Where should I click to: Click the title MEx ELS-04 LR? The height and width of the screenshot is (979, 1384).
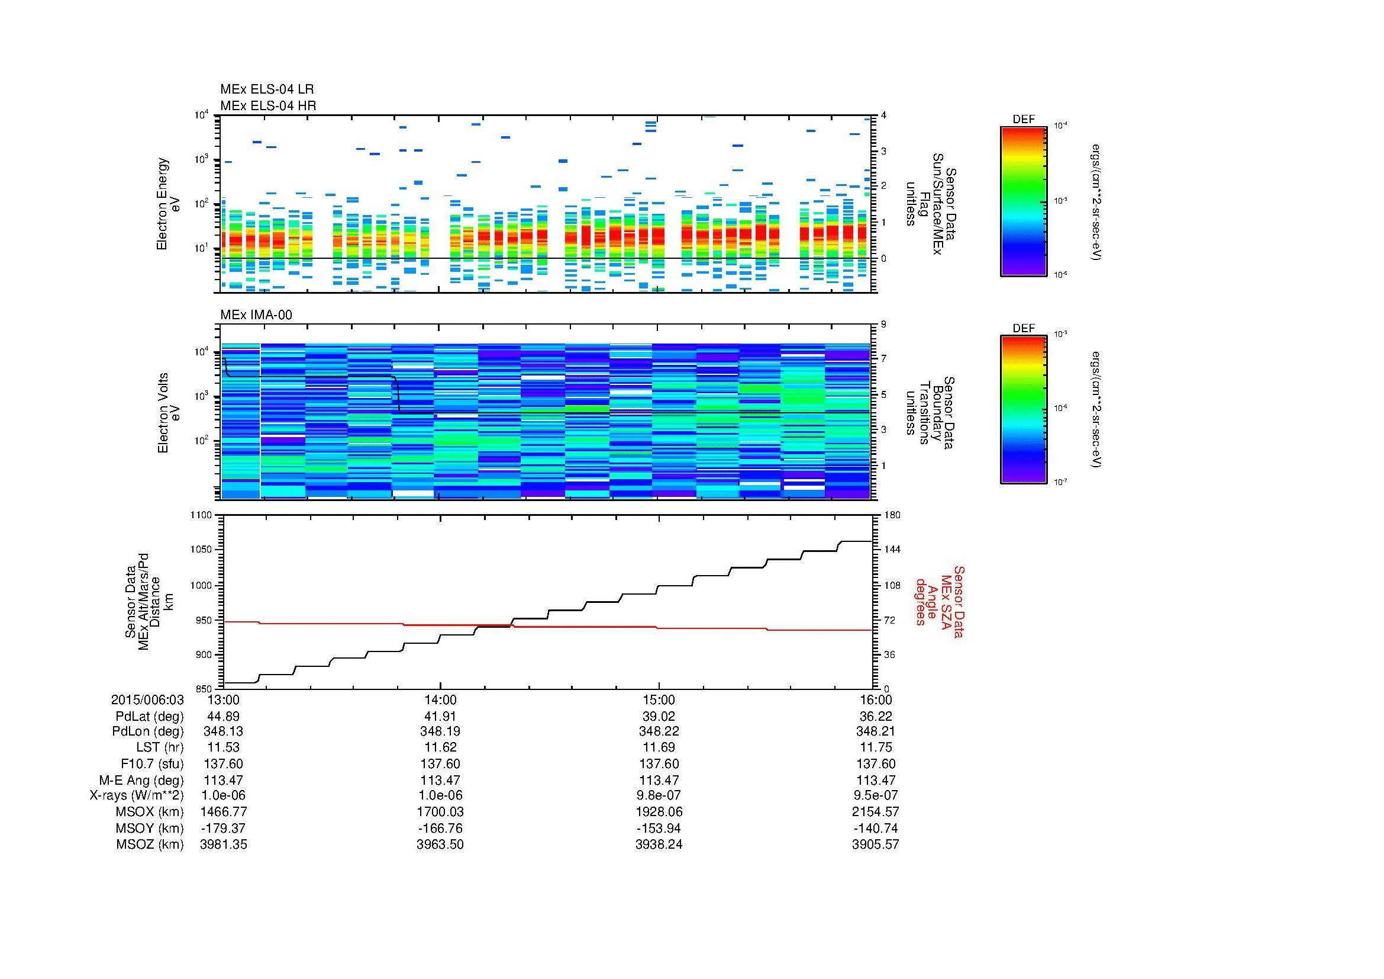[266, 89]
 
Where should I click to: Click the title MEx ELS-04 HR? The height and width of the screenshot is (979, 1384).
[267, 105]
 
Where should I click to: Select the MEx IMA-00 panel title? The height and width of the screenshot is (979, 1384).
[256, 315]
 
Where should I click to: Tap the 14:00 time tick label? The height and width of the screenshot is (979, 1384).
[440, 700]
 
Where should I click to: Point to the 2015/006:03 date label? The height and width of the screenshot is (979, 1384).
[147, 700]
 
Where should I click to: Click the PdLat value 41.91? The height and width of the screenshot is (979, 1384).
[440, 717]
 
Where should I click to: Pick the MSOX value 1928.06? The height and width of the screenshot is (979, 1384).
[658, 812]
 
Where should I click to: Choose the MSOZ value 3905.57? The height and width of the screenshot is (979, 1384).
[875, 845]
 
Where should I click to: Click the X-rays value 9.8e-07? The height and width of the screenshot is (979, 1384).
[658, 795]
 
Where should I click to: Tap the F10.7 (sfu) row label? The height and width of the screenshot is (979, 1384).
[151, 764]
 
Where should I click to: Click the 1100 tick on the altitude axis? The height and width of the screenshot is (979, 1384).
[201, 515]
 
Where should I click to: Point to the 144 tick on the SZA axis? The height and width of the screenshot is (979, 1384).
[892, 550]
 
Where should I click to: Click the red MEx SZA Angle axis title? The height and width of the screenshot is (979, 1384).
[938, 601]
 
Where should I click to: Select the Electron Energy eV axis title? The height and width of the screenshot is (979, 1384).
[168, 204]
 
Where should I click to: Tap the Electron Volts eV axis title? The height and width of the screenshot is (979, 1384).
[169, 413]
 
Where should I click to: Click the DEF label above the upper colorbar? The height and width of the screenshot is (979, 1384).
[1023, 120]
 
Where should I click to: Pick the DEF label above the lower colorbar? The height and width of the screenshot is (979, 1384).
[1023, 329]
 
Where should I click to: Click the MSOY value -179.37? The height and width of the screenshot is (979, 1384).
[223, 828]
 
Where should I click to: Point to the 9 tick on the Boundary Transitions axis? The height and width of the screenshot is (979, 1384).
[883, 325]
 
